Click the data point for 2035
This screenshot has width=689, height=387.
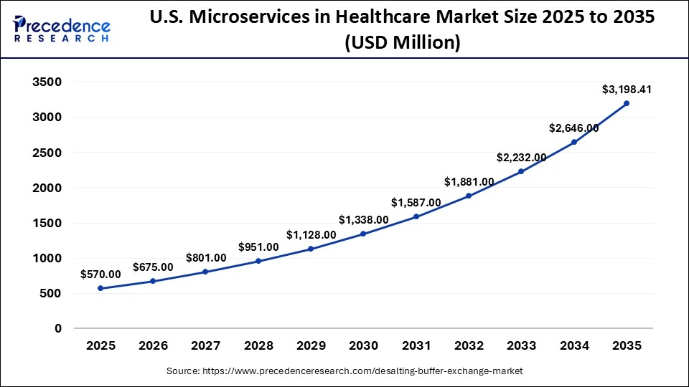click(x=627, y=103)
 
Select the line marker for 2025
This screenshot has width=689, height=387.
click(x=100, y=288)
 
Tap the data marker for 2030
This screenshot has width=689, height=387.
click(x=363, y=234)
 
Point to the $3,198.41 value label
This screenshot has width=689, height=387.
click(x=627, y=90)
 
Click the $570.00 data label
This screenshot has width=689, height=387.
click(x=100, y=274)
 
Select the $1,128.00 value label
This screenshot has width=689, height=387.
click(x=311, y=234)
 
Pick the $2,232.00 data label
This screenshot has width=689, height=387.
click(x=521, y=158)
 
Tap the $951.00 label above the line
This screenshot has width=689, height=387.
click(x=258, y=247)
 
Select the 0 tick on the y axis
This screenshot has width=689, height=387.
click(x=58, y=328)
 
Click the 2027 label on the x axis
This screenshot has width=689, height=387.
click(x=205, y=346)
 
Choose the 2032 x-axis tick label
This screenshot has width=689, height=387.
click(x=469, y=346)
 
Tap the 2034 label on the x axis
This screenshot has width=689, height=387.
click(x=574, y=346)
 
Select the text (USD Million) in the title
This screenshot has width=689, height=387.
click(x=402, y=43)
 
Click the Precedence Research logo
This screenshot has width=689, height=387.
click(x=62, y=28)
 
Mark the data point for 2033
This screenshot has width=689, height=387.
click(x=521, y=171)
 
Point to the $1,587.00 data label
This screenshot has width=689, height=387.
click(x=416, y=203)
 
